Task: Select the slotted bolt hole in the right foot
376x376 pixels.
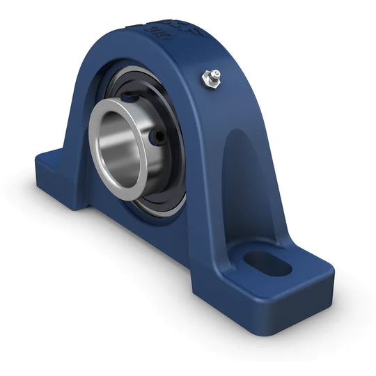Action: click(268, 263)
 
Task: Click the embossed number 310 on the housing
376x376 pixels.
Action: click(150, 30)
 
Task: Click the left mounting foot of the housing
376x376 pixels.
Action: click(56, 171)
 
